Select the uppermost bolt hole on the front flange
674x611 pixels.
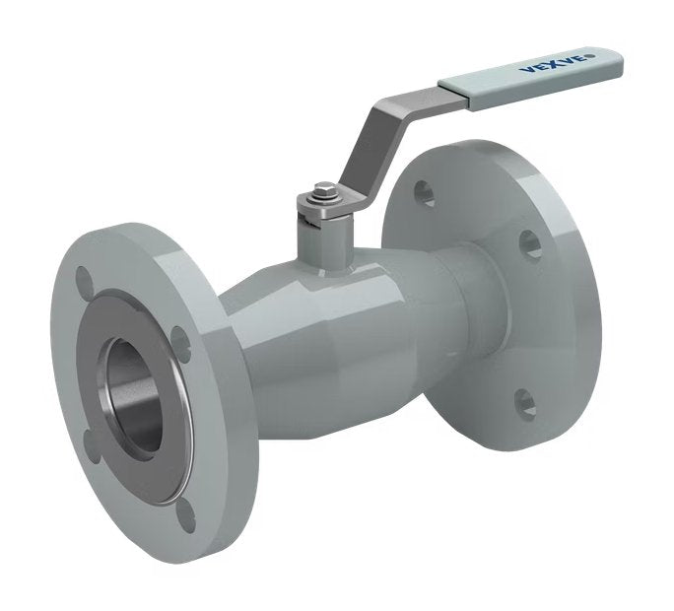[x=87, y=280]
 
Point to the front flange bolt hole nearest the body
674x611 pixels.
[x=180, y=341]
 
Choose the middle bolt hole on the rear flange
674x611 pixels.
[x=529, y=243]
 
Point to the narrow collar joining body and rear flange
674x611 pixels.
[x=483, y=296]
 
